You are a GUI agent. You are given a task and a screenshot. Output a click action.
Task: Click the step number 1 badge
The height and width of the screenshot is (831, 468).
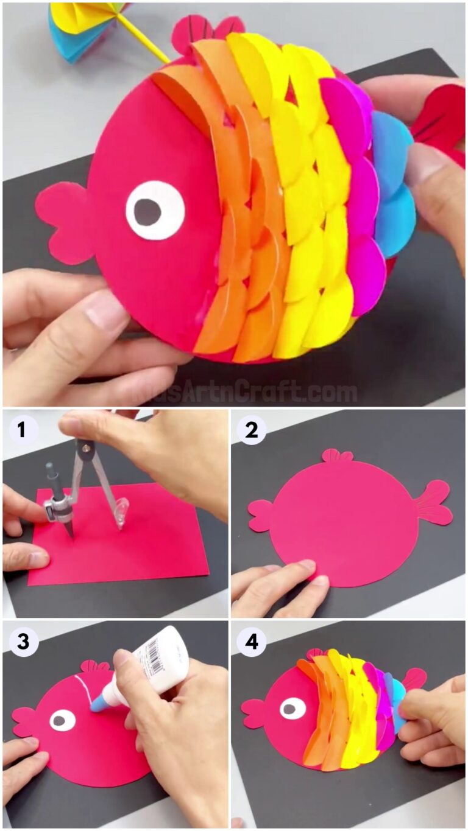[22, 430]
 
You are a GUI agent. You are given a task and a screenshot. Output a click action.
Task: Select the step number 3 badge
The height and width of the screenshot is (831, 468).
[22, 642]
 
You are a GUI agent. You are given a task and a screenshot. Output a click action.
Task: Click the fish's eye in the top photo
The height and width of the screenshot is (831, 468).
[154, 211]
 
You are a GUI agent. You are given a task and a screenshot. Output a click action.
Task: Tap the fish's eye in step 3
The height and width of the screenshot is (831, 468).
[62, 720]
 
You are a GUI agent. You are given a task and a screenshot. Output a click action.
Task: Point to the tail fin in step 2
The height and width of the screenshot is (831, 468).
[434, 502]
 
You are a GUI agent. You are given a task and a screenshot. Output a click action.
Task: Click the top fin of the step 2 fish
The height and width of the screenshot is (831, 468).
[338, 455]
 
